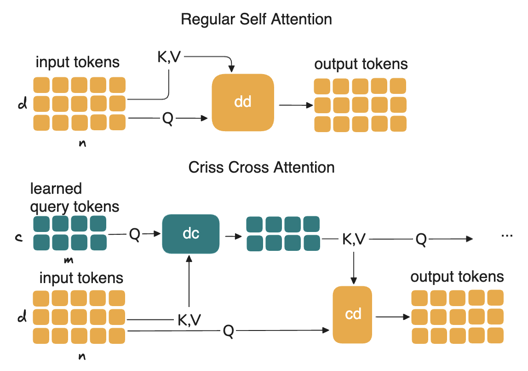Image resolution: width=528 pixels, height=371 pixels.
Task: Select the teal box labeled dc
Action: coord(190,234)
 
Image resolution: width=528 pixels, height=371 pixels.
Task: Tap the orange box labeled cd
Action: coord(353,314)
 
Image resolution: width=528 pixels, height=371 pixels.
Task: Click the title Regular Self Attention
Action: coord(256,20)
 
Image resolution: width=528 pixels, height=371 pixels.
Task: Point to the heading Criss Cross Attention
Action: coord(261,167)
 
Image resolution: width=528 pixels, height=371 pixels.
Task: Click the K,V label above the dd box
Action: coord(168,58)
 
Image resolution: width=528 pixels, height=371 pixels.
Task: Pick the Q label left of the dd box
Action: coord(168,119)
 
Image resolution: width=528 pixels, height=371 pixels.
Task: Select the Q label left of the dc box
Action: coord(134,234)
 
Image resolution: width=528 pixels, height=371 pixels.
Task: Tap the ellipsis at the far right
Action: coord(507,235)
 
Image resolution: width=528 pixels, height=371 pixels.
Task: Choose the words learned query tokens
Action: coord(75,198)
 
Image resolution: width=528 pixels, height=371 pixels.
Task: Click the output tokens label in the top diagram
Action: coord(361,64)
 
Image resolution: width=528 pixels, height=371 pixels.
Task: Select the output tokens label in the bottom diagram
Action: coord(457,277)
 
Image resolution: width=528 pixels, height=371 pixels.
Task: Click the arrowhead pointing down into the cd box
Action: coord(353,281)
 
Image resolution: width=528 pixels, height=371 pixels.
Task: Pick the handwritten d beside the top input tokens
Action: coord(22,104)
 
